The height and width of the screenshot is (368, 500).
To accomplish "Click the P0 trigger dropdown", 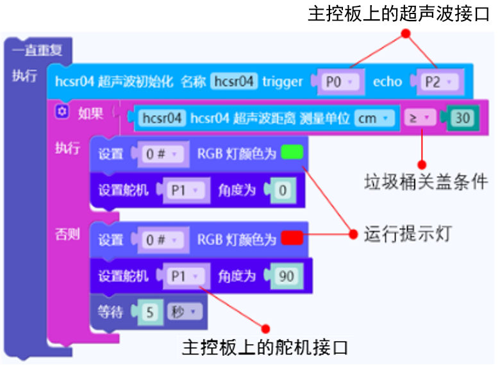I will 338,81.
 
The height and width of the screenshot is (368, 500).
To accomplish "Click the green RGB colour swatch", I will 292,153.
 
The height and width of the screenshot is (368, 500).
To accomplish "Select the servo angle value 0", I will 283,190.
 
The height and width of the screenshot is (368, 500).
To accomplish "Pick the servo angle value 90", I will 287,276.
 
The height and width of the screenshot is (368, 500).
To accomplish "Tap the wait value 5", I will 150,312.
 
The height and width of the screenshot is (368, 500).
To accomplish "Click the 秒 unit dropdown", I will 185,312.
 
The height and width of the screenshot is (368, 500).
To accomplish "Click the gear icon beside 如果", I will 62,113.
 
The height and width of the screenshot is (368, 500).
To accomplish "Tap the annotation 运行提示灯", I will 408,233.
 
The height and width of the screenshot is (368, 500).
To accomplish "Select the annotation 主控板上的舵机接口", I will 265,347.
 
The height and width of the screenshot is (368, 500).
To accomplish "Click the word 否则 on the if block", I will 67,234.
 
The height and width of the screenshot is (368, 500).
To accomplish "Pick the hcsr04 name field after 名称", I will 235,81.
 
